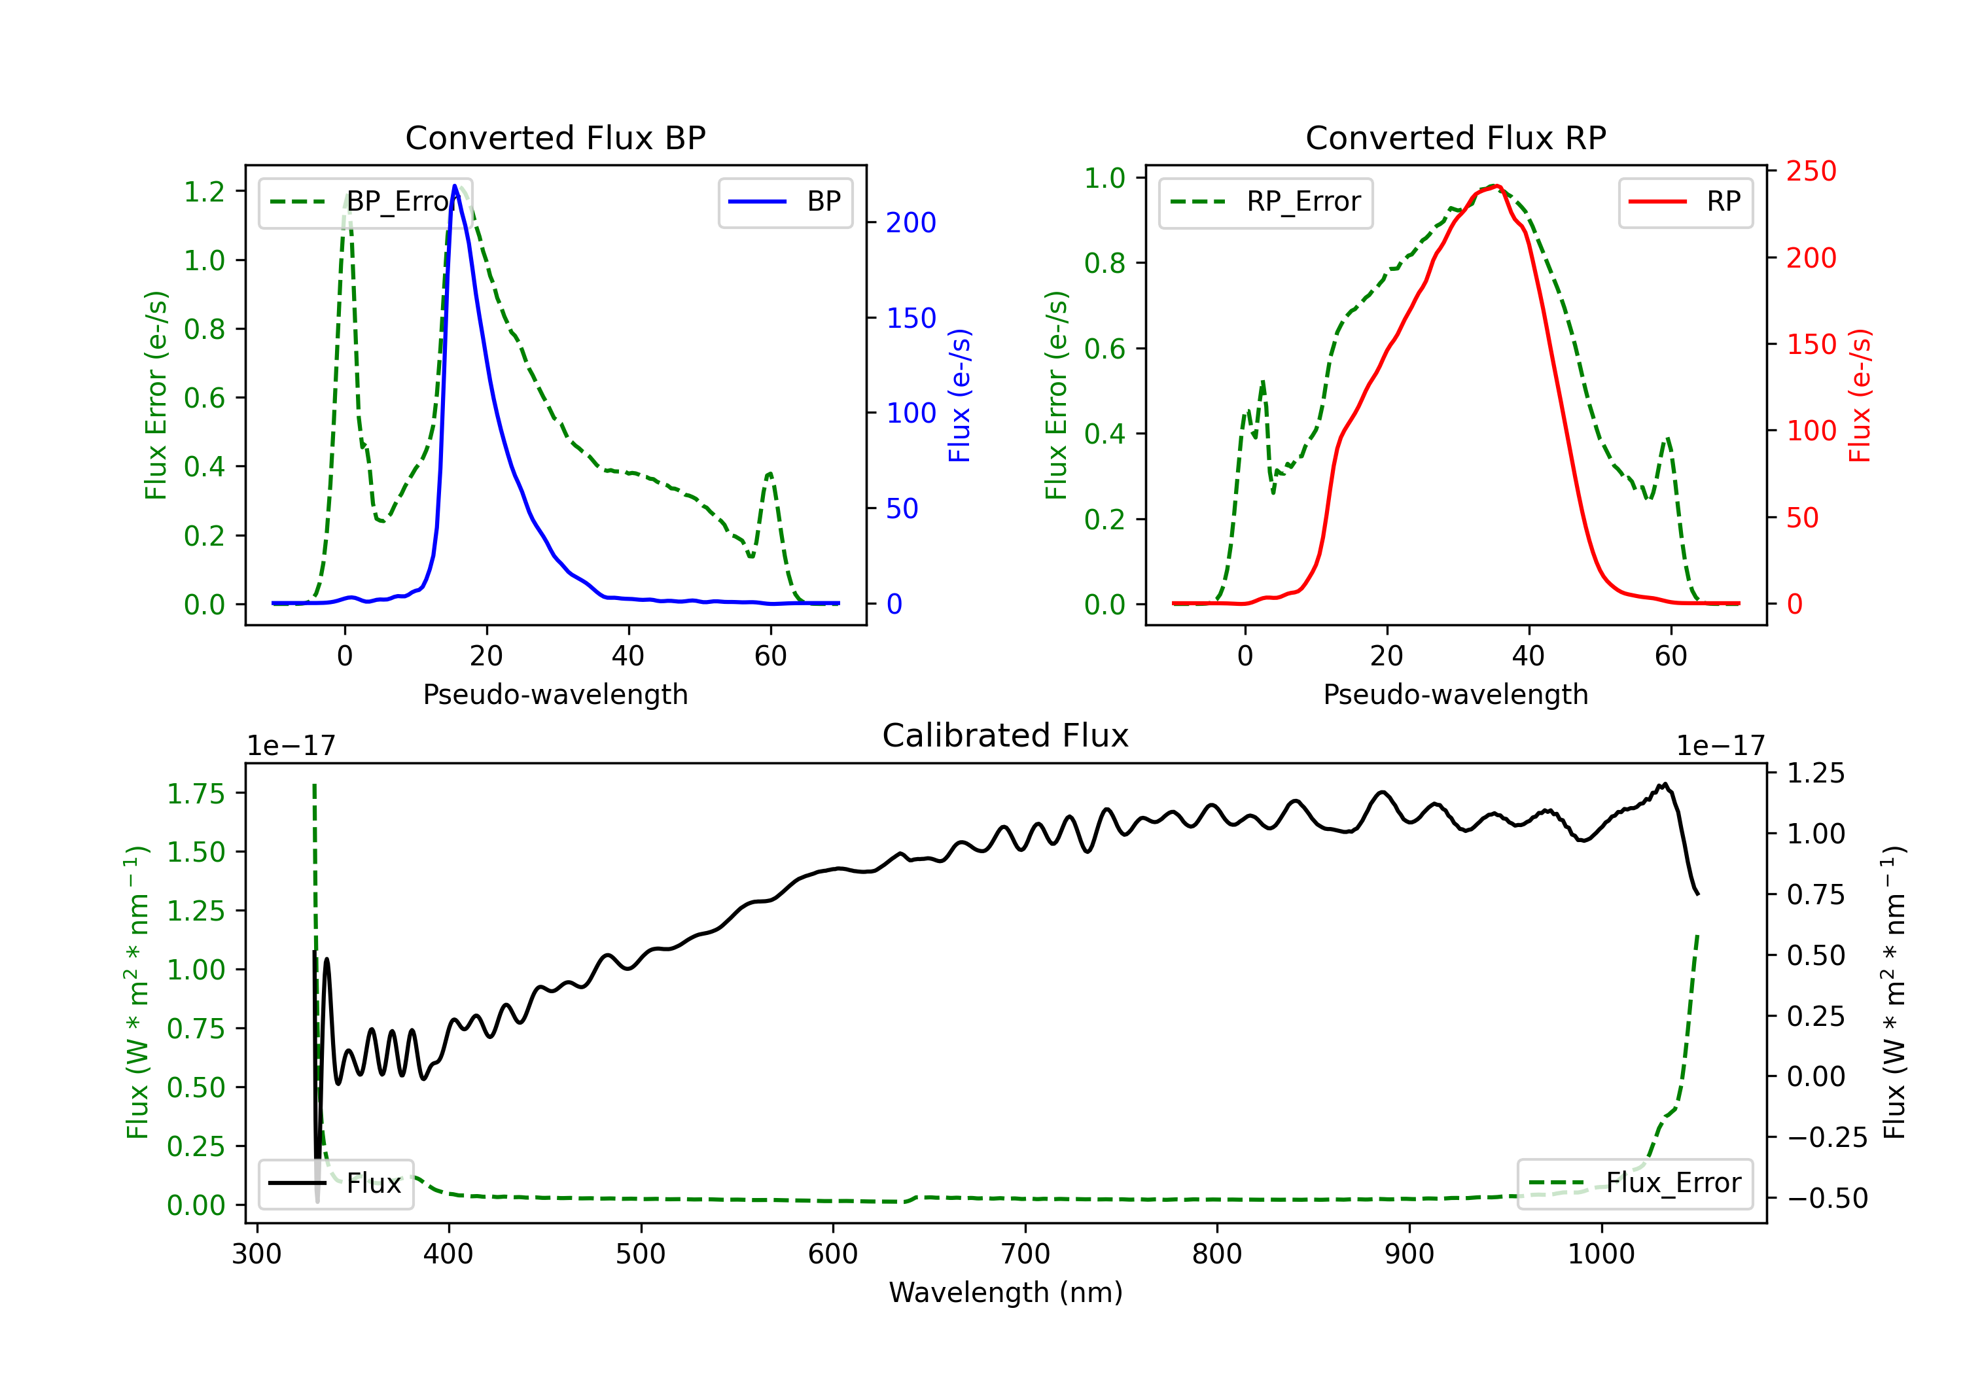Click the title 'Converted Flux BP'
(x=555, y=137)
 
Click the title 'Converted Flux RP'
(x=1455, y=137)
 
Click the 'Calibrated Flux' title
(x=1006, y=735)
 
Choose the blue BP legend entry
(x=785, y=202)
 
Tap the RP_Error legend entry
(x=1265, y=202)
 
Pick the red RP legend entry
(x=1685, y=202)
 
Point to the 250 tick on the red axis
(x=1811, y=171)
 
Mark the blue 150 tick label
(x=911, y=318)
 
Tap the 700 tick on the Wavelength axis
(x=1025, y=1254)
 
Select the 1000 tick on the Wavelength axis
(x=1600, y=1254)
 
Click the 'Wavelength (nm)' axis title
(x=1006, y=1292)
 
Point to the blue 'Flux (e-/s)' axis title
(x=959, y=395)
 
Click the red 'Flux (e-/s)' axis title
(x=1860, y=395)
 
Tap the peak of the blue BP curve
(x=455, y=186)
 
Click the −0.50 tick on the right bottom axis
(x=1826, y=1198)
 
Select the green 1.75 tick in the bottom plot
(x=196, y=794)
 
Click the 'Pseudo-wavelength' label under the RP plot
(x=1455, y=694)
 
